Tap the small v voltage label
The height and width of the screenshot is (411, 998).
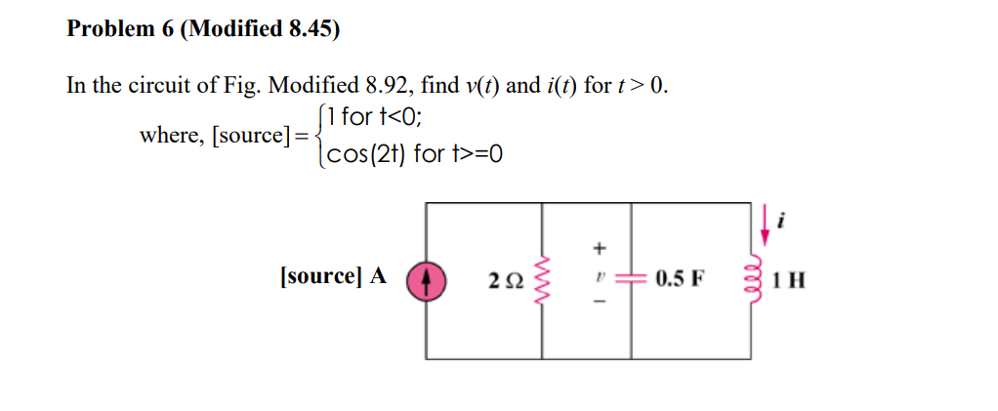[x=602, y=278]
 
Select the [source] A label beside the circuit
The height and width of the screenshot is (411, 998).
[x=332, y=276]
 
